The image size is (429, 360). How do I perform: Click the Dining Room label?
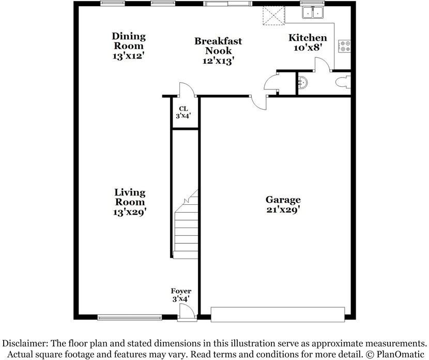point(129,41)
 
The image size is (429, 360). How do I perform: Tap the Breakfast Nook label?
point(218,46)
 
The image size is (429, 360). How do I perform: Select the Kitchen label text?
point(308,38)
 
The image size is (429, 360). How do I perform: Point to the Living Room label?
point(130,197)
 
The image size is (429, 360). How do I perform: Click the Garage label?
point(283,200)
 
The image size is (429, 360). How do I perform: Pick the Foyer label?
point(181,292)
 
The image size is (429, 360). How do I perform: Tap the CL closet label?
point(183,109)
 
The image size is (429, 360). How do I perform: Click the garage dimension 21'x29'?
point(283,210)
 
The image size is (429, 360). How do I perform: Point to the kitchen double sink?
point(313,11)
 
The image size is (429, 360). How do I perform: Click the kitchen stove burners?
point(345,46)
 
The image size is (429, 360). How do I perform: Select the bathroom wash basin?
point(303,82)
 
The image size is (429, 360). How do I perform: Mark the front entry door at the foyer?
point(187,312)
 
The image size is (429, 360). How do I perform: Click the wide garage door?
point(278,314)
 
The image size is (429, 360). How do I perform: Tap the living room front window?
point(129,318)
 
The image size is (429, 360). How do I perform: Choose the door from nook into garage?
point(256,101)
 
